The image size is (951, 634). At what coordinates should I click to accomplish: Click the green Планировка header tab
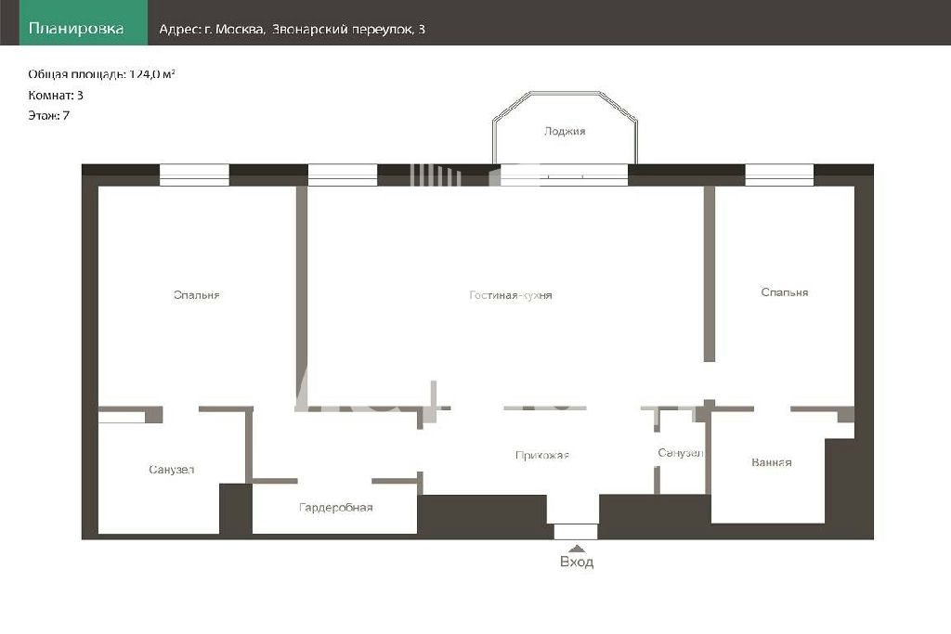(x=84, y=22)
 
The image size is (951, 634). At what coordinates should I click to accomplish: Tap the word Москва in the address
(x=241, y=29)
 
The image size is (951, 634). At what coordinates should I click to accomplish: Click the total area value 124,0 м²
(x=152, y=74)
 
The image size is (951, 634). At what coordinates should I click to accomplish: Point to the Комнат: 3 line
(x=56, y=96)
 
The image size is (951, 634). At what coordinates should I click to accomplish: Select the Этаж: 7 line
(x=49, y=115)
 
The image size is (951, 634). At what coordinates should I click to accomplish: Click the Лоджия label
(x=565, y=131)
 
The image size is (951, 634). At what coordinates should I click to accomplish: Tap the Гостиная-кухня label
(x=511, y=295)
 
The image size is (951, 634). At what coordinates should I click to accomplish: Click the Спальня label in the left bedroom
(x=197, y=295)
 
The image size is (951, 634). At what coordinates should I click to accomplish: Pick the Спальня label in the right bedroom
(x=784, y=292)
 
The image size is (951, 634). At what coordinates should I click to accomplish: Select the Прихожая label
(x=542, y=455)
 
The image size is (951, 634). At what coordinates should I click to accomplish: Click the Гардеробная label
(x=336, y=508)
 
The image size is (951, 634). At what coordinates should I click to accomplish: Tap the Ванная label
(x=772, y=462)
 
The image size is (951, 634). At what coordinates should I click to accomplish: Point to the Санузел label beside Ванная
(x=681, y=453)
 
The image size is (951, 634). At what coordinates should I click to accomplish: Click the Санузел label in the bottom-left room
(x=172, y=469)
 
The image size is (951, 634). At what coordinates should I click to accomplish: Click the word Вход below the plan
(x=577, y=562)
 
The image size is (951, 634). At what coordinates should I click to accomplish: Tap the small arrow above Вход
(x=577, y=548)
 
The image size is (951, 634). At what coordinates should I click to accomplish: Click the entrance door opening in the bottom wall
(x=576, y=532)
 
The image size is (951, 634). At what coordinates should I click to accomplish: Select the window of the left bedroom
(x=194, y=175)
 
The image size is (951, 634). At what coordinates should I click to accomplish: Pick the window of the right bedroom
(x=779, y=175)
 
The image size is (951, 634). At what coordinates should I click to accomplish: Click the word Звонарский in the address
(x=309, y=29)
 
